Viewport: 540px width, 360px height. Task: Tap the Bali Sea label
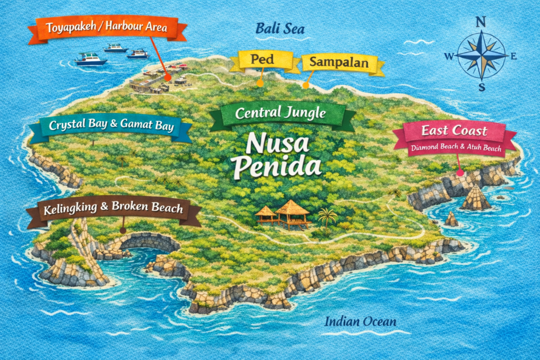click(x=280, y=28)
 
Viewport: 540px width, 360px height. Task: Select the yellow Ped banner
click(x=262, y=60)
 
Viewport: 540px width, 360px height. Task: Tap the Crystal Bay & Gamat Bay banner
click(x=111, y=127)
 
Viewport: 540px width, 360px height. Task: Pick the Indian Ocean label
click(x=360, y=322)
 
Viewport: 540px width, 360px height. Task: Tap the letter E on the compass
click(x=514, y=56)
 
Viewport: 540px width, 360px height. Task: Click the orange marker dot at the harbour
click(x=167, y=77)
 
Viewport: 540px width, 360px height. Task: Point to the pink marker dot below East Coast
click(x=460, y=172)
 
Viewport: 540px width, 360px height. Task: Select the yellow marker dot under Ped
click(x=259, y=83)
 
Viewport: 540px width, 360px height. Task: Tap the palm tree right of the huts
click(x=327, y=216)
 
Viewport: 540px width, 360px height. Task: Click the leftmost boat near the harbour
click(x=91, y=59)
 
